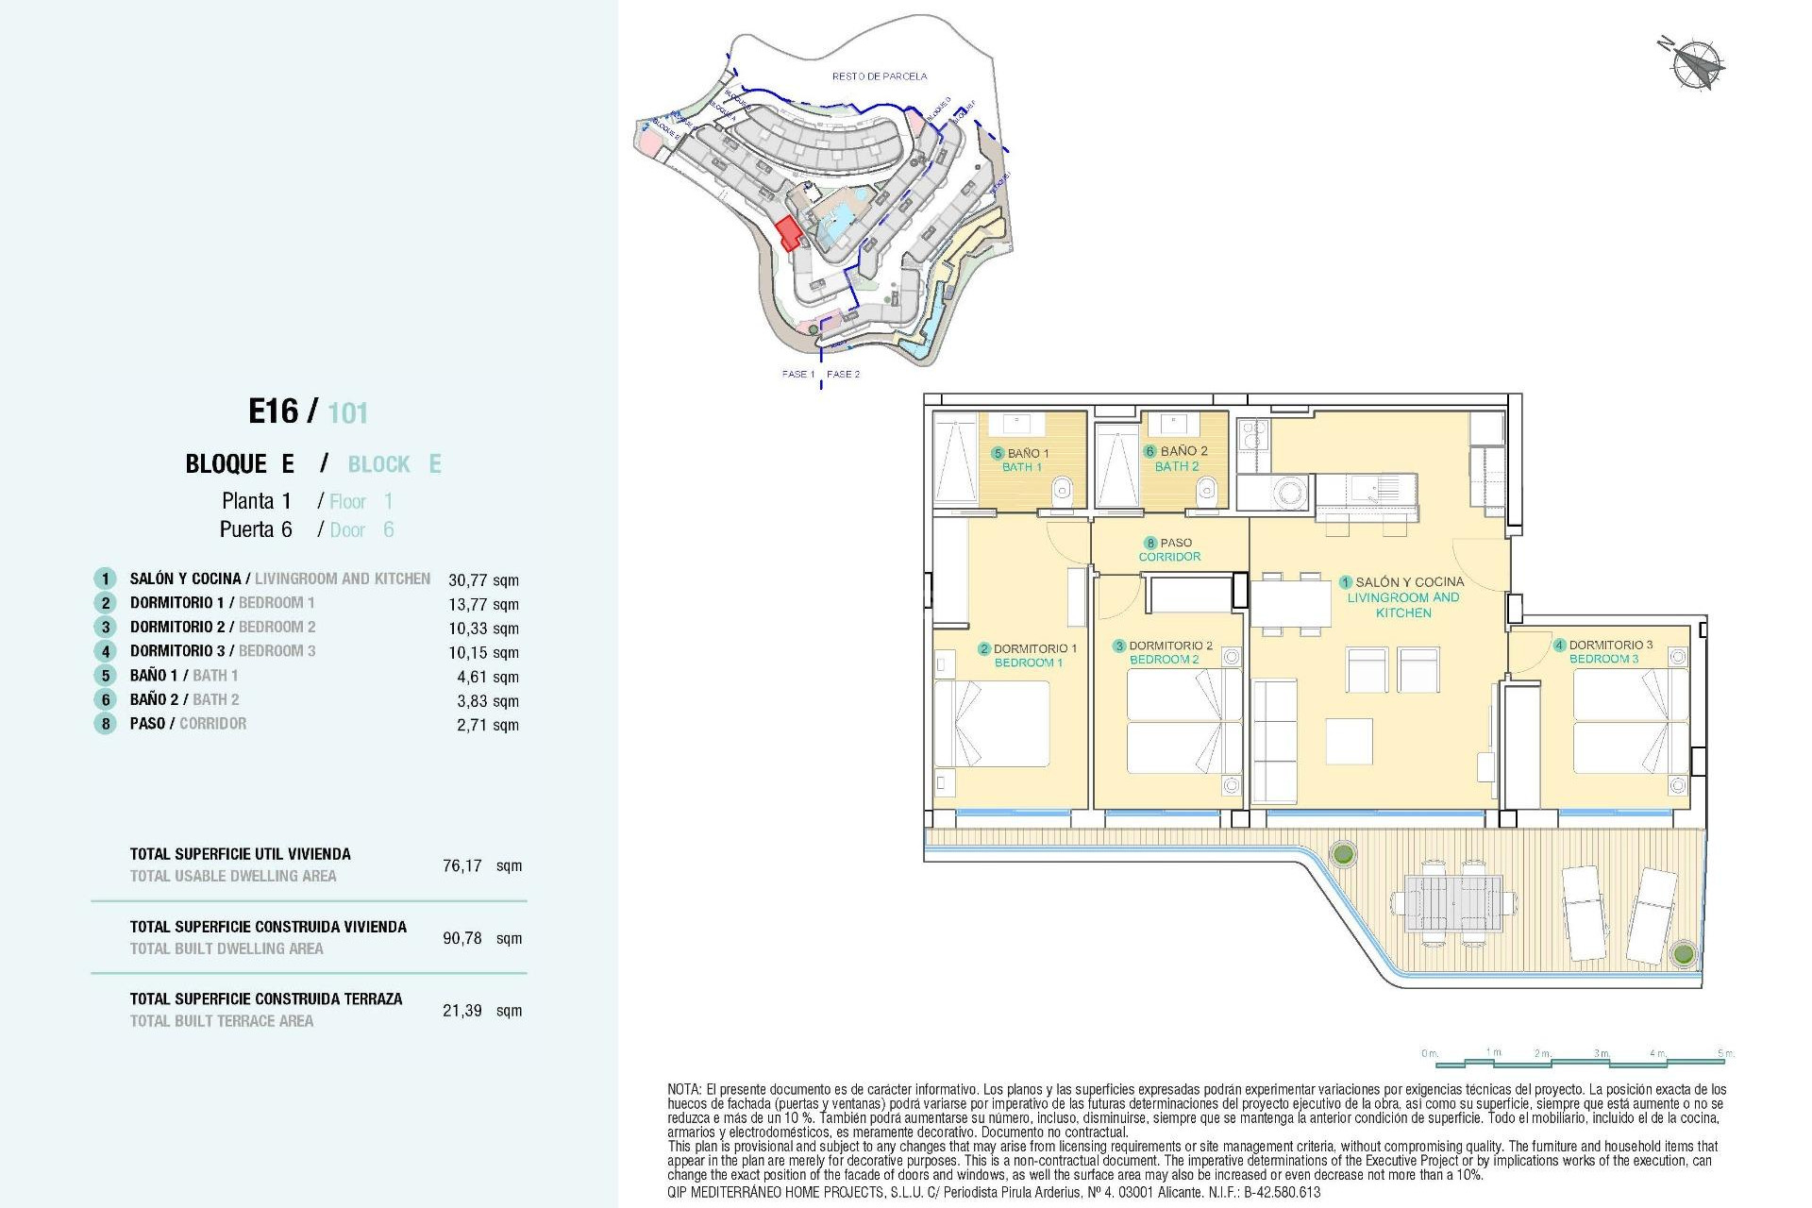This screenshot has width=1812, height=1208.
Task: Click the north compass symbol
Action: [1695, 64]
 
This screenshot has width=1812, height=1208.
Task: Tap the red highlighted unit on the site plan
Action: [788, 232]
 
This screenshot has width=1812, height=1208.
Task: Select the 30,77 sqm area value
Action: [483, 580]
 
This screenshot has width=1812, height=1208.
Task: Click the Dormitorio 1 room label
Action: [1028, 655]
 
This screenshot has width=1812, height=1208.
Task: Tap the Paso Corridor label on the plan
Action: [1169, 549]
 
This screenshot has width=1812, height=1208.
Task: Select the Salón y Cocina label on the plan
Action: [1402, 596]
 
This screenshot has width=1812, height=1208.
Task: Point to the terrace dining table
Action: [1452, 903]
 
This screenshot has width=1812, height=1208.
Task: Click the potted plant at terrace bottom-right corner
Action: [1683, 953]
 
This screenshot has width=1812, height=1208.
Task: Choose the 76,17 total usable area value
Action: [462, 865]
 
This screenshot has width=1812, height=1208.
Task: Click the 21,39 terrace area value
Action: [462, 1011]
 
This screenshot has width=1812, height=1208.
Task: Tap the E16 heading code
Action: [273, 411]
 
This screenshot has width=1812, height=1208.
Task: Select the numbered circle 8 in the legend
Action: [105, 724]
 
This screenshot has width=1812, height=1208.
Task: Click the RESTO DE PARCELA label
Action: [879, 76]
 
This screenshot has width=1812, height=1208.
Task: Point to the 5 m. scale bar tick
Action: [1725, 1053]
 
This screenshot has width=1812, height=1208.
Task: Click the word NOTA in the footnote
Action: [683, 1089]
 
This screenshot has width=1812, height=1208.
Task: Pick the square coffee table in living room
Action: [1349, 741]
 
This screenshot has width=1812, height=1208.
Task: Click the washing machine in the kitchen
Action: [1289, 492]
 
